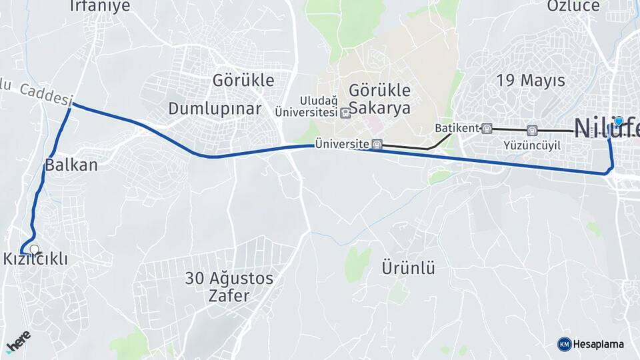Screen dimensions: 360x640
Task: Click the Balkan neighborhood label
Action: point(71,165)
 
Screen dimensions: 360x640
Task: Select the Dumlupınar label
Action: point(215,108)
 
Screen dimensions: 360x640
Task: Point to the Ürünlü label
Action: point(408,268)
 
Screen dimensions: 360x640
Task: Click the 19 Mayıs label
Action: point(531,81)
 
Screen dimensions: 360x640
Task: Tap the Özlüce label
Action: point(573,6)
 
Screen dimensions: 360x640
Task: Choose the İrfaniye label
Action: point(99,6)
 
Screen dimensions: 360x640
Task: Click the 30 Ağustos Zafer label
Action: point(229,287)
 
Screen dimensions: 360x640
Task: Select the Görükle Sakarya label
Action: point(380,99)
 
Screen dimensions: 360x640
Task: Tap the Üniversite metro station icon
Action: point(377,144)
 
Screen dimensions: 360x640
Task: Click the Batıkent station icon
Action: point(487,128)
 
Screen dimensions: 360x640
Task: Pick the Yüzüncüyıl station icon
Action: point(531,130)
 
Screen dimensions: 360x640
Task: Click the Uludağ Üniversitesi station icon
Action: point(345,113)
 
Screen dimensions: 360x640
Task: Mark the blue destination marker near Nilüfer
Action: point(619,121)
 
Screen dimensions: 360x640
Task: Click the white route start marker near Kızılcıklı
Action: point(34,249)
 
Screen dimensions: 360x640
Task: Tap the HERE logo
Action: point(18,341)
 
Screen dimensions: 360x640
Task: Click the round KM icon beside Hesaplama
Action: point(564,344)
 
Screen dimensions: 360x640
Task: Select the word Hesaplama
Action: point(599,344)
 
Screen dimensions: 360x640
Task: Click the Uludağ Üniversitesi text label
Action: point(307,107)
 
